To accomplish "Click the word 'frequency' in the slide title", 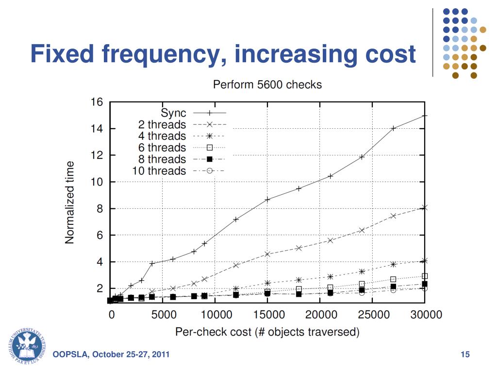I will click(x=164, y=54).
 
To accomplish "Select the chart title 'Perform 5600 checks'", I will click(x=267, y=85).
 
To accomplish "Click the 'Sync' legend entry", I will click(x=173, y=113).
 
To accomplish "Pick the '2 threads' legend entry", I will click(x=162, y=125).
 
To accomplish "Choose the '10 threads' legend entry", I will click(x=159, y=171).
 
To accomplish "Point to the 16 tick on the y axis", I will click(x=97, y=102).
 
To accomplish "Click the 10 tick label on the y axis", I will click(x=97, y=182).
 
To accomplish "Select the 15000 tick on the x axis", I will click(x=268, y=315).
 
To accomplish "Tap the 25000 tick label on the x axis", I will click(x=373, y=315).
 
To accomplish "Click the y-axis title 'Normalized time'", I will click(x=70, y=202).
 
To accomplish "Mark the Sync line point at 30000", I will click(x=425, y=116).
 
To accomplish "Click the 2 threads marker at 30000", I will click(x=425, y=207).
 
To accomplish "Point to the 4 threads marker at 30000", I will click(x=425, y=261).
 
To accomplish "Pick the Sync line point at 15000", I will click(x=267, y=199).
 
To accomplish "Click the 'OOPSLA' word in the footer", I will click(x=70, y=355).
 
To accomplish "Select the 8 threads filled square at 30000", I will click(x=425, y=284).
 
